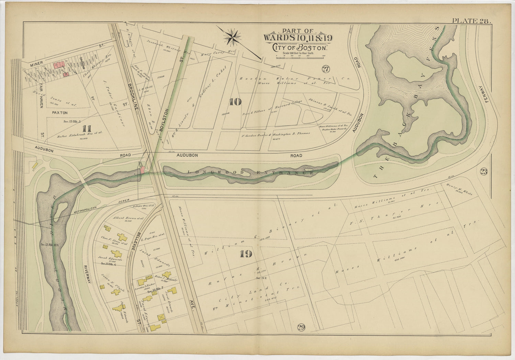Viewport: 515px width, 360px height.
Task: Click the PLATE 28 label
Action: [471, 21]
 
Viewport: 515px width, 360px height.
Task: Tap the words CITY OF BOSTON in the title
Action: [300, 48]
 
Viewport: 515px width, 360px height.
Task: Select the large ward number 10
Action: [235, 102]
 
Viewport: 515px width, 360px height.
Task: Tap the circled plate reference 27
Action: [325, 69]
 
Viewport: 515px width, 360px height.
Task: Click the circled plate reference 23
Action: [483, 172]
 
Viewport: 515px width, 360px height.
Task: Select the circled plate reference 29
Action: [301, 327]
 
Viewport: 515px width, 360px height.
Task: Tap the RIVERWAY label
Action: [87, 273]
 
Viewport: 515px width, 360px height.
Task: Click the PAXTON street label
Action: [60, 113]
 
